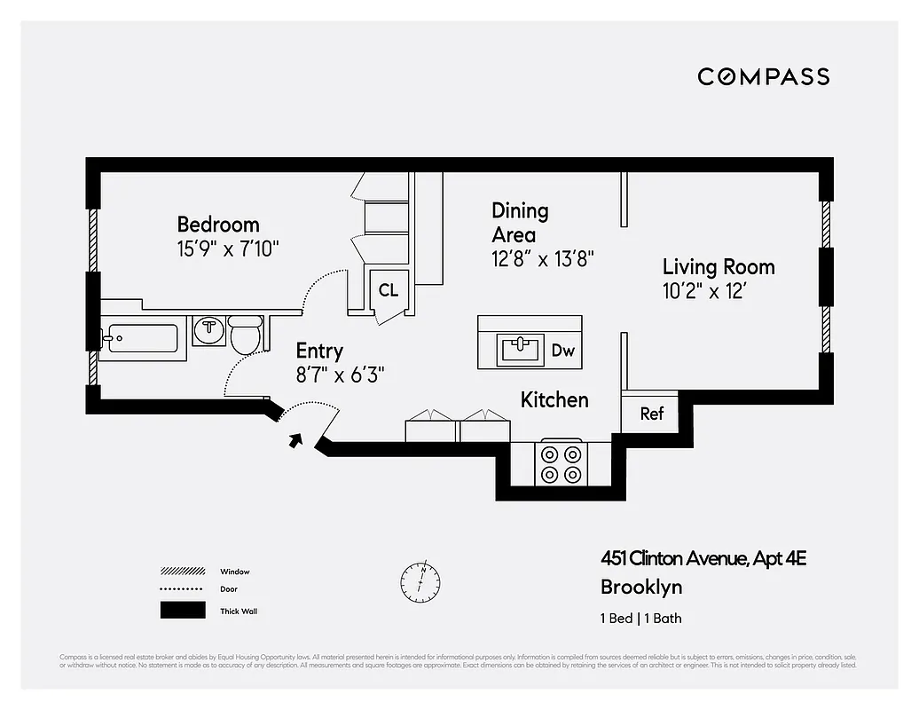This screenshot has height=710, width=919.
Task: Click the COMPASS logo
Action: (x=763, y=76)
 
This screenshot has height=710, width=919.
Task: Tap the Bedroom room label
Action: (x=218, y=225)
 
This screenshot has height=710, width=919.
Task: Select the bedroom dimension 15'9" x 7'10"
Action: (x=228, y=248)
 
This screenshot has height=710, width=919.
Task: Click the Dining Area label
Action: (x=520, y=223)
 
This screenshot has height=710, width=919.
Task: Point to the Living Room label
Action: (x=719, y=267)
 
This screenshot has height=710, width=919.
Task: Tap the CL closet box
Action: (x=389, y=290)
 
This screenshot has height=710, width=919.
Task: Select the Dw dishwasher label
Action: (x=562, y=351)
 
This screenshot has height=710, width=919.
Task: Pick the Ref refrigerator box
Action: (x=651, y=414)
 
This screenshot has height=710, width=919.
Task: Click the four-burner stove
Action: (x=560, y=463)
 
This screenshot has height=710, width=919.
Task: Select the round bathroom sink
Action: (x=209, y=329)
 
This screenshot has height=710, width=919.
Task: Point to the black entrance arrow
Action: (x=295, y=440)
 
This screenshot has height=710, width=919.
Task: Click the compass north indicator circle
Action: (x=420, y=580)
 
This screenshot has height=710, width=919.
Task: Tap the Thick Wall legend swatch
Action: (x=181, y=611)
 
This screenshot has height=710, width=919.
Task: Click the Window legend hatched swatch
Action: (x=181, y=572)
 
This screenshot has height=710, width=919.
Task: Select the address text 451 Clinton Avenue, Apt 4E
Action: (x=703, y=558)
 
